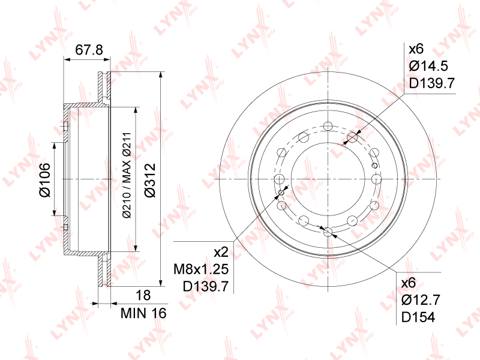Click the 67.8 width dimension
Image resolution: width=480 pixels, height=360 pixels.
tap(89, 50)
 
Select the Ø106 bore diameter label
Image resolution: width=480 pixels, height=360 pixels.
tap(44, 180)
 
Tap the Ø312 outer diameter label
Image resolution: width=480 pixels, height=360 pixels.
tap(151, 181)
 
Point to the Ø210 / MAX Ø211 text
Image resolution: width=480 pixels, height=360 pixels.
tap(127, 175)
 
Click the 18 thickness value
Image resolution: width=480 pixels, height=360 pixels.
tap(143, 295)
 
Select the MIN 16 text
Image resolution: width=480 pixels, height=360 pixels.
tap(143, 313)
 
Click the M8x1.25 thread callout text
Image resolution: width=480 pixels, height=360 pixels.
tap(201, 269)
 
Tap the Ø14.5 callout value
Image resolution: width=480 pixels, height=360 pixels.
tap(428, 66)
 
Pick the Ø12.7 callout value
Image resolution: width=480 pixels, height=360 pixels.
tap(421, 299)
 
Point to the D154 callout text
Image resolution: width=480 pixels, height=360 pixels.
tap(418, 317)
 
